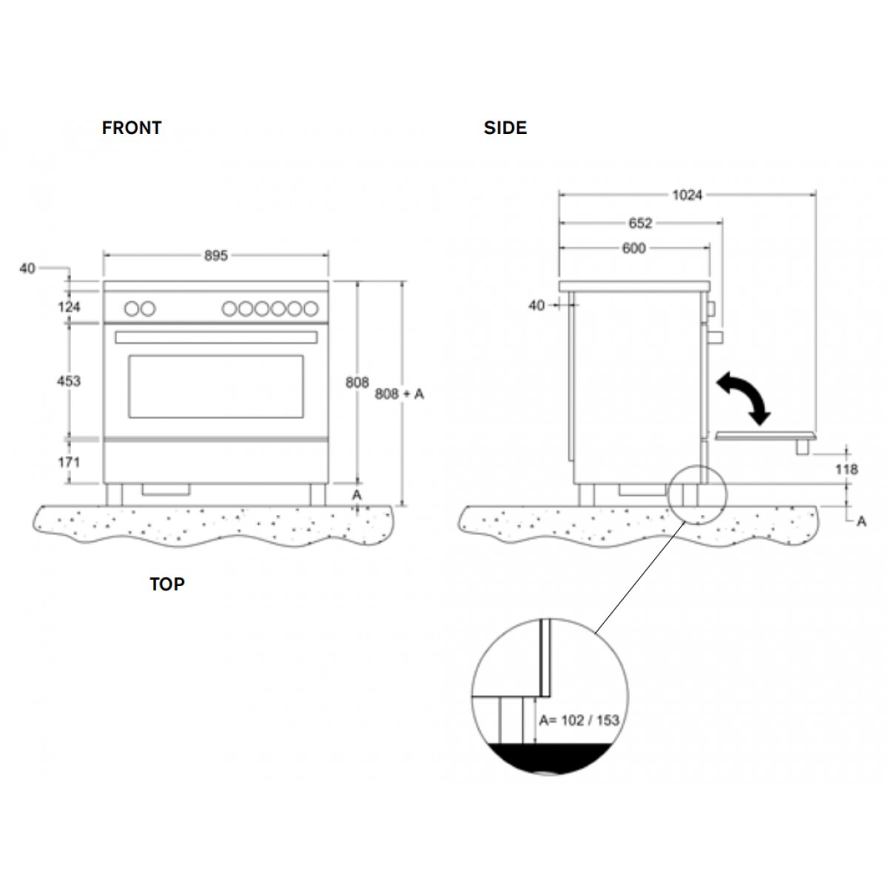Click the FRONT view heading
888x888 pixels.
pyautogui.click(x=132, y=128)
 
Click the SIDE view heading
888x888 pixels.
pyautogui.click(x=505, y=128)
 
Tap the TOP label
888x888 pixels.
pyautogui.click(x=167, y=585)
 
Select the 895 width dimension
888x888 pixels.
pyautogui.click(x=216, y=255)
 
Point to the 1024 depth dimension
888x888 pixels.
pyautogui.click(x=687, y=195)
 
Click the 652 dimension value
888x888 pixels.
pyautogui.click(x=641, y=223)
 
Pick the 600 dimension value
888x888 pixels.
pyautogui.click(x=634, y=249)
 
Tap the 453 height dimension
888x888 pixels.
pyautogui.click(x=68, y=381)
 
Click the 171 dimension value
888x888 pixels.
pyautogui.click(x=68, y=462)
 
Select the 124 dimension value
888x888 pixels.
pyautogui.click(x=68, y=306)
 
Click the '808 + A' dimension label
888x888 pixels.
pyautogui.click(x=400, y=394)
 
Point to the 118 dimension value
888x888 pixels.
pyautogui.click(x=846, y=469)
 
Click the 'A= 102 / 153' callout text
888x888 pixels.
pyautogui.click(x=579, y=720)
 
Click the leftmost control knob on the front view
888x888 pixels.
pyautogui.click(x=131, y=309)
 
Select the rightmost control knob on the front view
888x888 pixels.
pyautogui.click(x=312, y=309)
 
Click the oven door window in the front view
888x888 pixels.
pyautogui.click(x=216, y=386)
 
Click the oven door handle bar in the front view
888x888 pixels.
pyautogui.click(x=216, y=337)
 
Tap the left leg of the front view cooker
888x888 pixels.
pyautogui.click(x=114, y=494)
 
